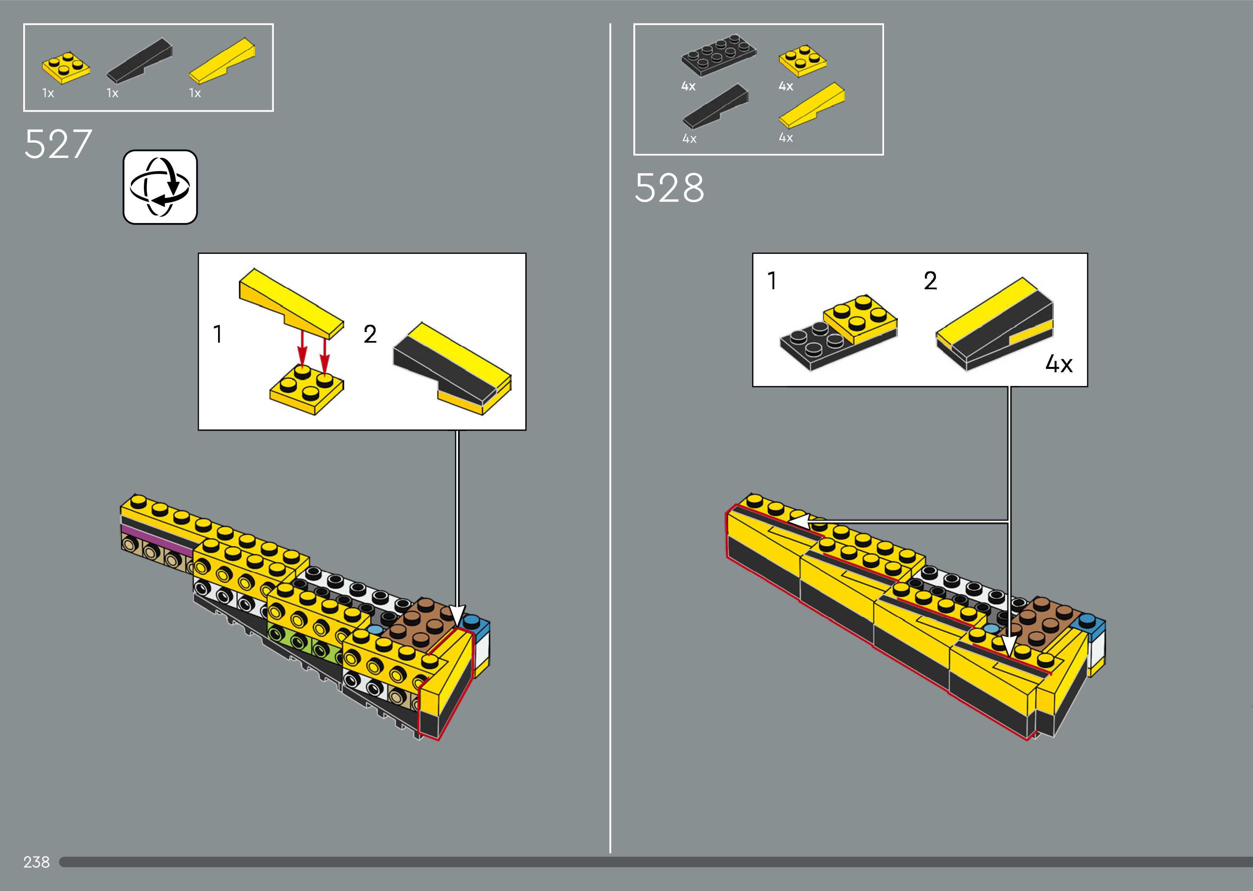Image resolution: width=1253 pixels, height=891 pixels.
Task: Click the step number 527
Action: (x=58, y=144)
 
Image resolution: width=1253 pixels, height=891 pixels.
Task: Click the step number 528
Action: (x=669, y=188)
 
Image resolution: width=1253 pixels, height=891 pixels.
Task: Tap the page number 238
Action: (x=36, y=862)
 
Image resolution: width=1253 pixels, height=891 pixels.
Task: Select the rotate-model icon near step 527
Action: (x=160, y=187)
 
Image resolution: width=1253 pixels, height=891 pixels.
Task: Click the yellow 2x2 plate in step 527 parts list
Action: (x=66, y=68)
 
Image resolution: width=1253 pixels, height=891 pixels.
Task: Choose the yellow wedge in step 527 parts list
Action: (x=222, y=60)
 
